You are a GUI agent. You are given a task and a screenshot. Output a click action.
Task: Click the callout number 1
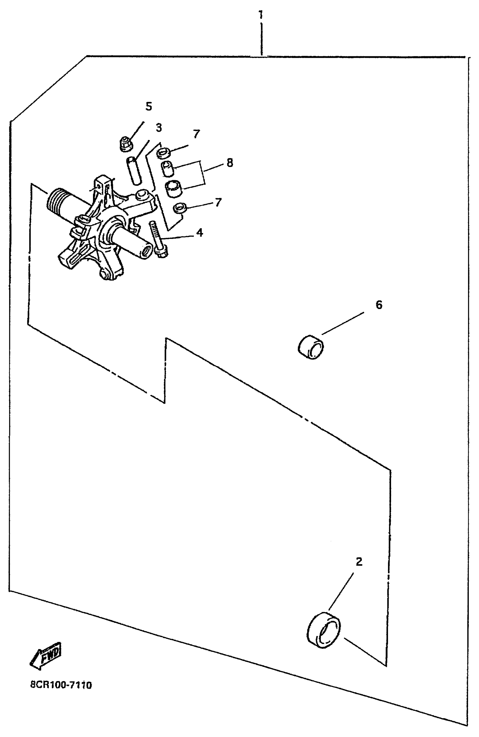(261, 15)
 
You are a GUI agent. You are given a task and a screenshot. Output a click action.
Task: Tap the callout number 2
(359, 561)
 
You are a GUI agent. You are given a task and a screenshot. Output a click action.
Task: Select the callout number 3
(159, 127)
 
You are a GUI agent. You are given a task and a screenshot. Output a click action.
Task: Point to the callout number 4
(200, 232)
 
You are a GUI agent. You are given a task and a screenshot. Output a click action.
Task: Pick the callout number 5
(149, 106)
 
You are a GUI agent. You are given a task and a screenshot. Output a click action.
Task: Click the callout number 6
(379, 305)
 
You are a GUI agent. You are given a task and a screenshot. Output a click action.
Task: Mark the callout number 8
(230, 162)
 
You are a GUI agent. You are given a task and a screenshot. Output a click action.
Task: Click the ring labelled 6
(311, 347)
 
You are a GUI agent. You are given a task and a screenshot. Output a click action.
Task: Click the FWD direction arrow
(46, 655)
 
